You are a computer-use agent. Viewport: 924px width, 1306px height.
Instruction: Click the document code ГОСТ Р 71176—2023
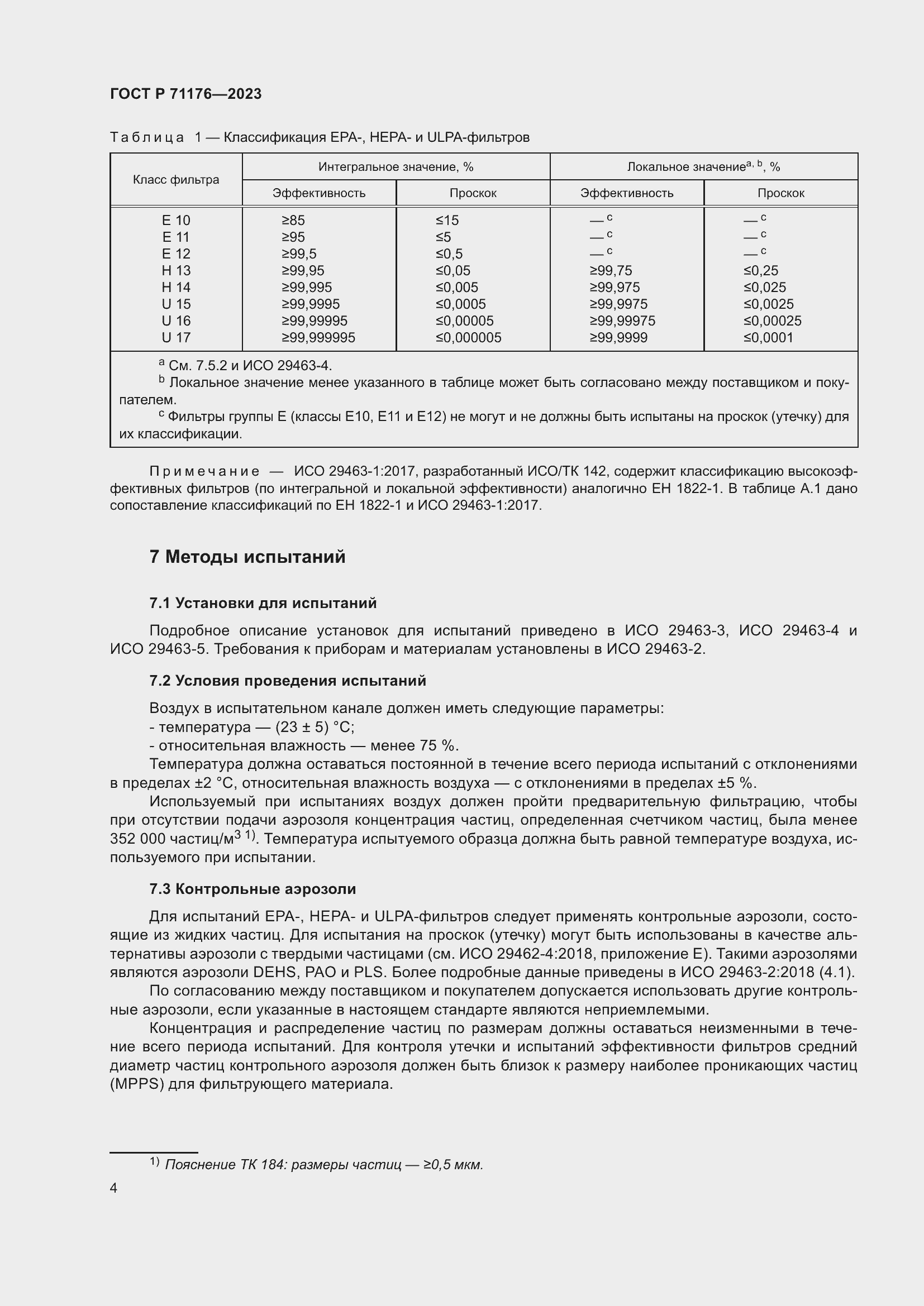click(x=185, y=94)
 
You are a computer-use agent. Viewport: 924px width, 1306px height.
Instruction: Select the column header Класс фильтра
click(x=176, y=180)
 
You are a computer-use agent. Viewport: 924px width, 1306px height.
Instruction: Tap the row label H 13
click(x=176, y=271)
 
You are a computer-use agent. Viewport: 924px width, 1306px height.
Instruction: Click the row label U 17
click(x=176, y=338)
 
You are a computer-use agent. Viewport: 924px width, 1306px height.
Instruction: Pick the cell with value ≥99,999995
click(x=318, y=338)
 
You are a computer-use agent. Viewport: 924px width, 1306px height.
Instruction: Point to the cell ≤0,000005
click(x=468, y=338)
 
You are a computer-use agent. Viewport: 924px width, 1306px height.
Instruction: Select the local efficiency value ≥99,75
click(x=611, y=271)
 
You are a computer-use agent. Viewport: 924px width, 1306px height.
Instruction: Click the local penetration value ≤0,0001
click(x=768, y=338)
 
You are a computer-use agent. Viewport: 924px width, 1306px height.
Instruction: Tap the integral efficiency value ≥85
click(x=293, y=221)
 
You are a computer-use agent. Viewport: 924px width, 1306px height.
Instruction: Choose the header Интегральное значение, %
click(x=396, y=166)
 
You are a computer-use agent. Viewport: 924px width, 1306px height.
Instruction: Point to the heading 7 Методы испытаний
click(x=247, y=556)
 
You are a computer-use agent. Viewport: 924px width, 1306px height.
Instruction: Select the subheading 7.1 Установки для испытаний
click(x=263, y=603)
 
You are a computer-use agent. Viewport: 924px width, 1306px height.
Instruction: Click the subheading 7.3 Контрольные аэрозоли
click(x=253, y=889)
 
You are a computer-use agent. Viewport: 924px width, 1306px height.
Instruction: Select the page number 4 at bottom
click(x=113, y=1188)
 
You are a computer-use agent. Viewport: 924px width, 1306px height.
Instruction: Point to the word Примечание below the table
click(x=204, y=472)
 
